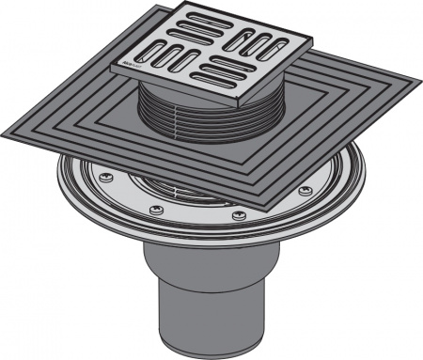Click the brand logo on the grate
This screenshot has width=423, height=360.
[128, 66]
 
